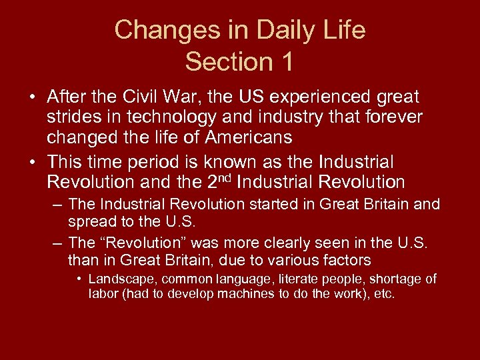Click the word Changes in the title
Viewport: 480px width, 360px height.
[x=158, y=31]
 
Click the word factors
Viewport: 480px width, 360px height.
[x=348, y=259]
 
